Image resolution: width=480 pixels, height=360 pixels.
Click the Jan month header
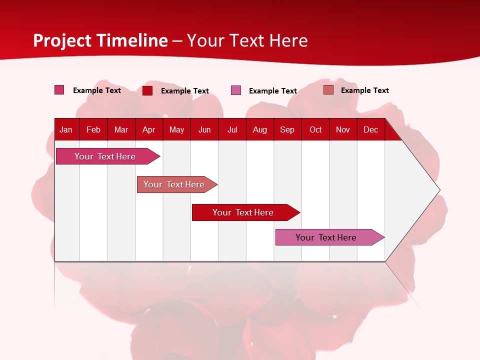(x=66, y=129)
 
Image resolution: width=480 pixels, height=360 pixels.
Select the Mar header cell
(x=121, y=129)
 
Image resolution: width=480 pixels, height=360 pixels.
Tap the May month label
(x=176, y=129)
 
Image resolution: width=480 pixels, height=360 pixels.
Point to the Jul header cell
(x=232, y=129)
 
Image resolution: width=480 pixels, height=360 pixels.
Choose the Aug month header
(x=259, y=129)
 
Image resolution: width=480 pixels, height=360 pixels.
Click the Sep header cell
(x=287, y=129)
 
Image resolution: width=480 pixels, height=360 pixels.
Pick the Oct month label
(x=315, y=129)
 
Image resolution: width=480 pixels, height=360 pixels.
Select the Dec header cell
(x=370, y=129)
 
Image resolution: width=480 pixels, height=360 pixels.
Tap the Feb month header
(x=93, y=129)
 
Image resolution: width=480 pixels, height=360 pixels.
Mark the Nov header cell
(x=343, y=129)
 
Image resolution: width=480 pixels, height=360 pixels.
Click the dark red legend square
(x=147, y=90)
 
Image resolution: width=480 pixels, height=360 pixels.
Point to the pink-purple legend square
(x=236, y=90)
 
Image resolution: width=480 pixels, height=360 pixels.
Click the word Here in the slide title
(x=288, y=40)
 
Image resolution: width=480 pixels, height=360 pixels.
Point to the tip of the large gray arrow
(x=438, y=190)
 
